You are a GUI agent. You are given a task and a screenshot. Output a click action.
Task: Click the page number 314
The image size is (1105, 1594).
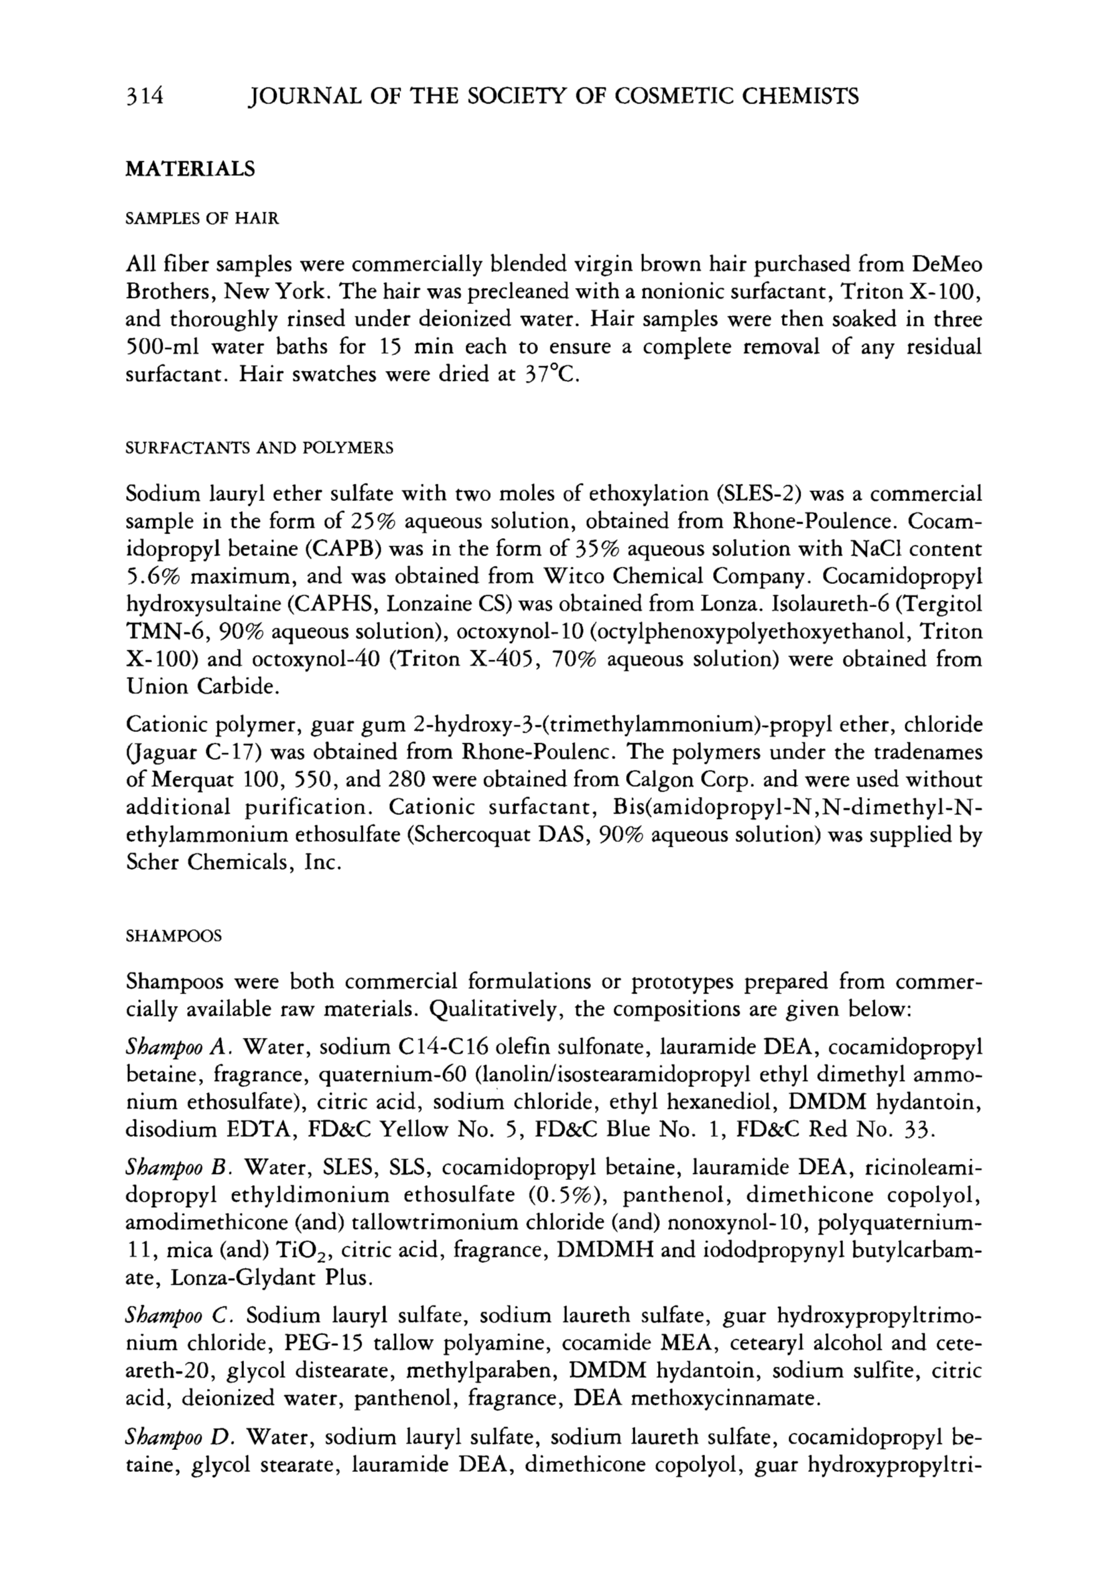tap(144, 96)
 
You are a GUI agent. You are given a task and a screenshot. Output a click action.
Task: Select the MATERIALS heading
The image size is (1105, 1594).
tap(190, 169)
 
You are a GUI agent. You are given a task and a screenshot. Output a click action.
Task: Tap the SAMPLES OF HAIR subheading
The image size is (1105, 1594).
tap(202, 219)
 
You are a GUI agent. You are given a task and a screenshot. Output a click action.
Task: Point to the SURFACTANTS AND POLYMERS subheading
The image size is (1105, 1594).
tap(259, 448)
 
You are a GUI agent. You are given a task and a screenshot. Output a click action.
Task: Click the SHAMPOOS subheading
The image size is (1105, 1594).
tap(173, 936)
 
